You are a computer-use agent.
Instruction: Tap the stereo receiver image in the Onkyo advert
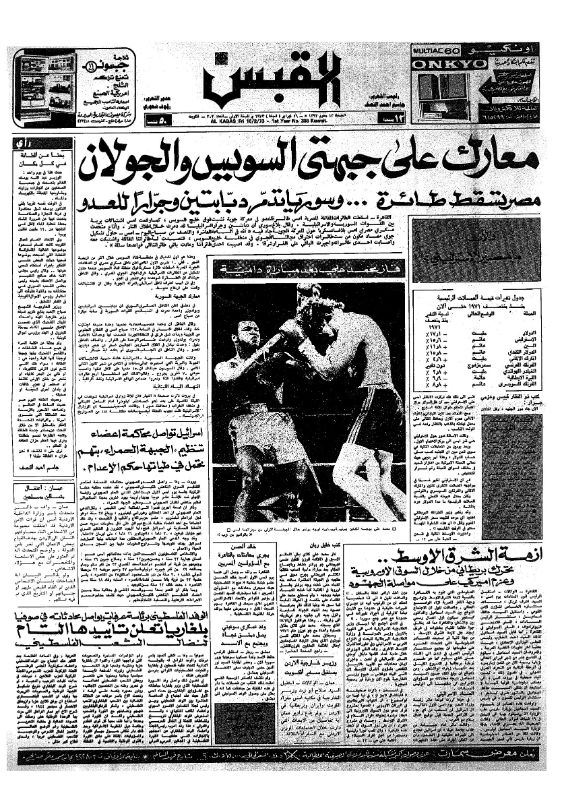[x=441, y=84]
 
